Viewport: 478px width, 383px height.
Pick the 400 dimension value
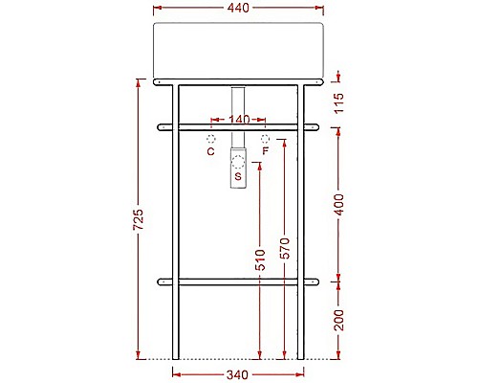338,204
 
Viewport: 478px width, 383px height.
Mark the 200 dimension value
338,321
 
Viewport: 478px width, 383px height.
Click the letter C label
211,151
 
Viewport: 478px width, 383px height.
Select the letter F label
265,151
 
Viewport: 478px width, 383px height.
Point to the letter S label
238,176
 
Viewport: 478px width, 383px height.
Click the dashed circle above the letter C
211,139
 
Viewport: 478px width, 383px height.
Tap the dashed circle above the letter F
265,139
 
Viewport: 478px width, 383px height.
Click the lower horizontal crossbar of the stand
239,282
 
